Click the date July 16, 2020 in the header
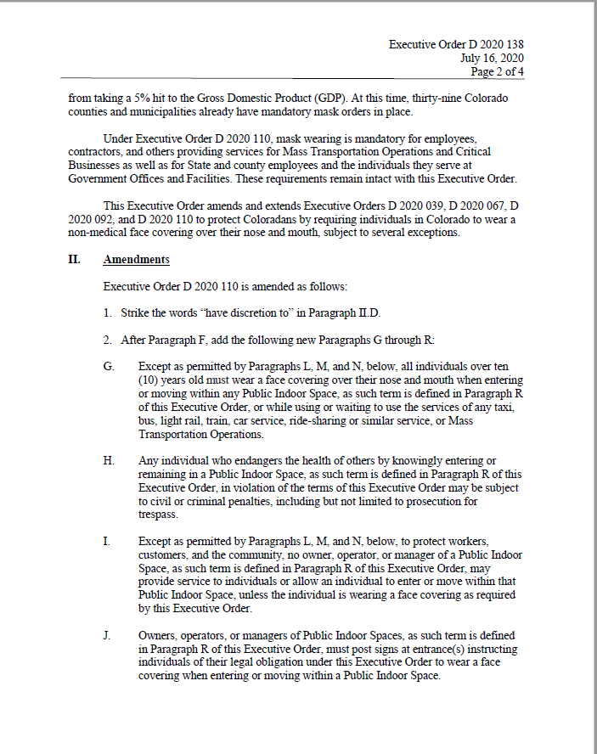[492, 58]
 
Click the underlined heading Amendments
[136, 260]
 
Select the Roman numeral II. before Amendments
[74, 260]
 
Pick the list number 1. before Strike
[108, 313]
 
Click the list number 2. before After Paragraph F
[108, 340]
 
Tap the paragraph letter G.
[108, 367]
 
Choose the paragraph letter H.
[108, 460]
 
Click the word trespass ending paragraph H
[157, 515]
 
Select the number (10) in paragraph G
[149, 380]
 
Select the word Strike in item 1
[137, 313]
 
